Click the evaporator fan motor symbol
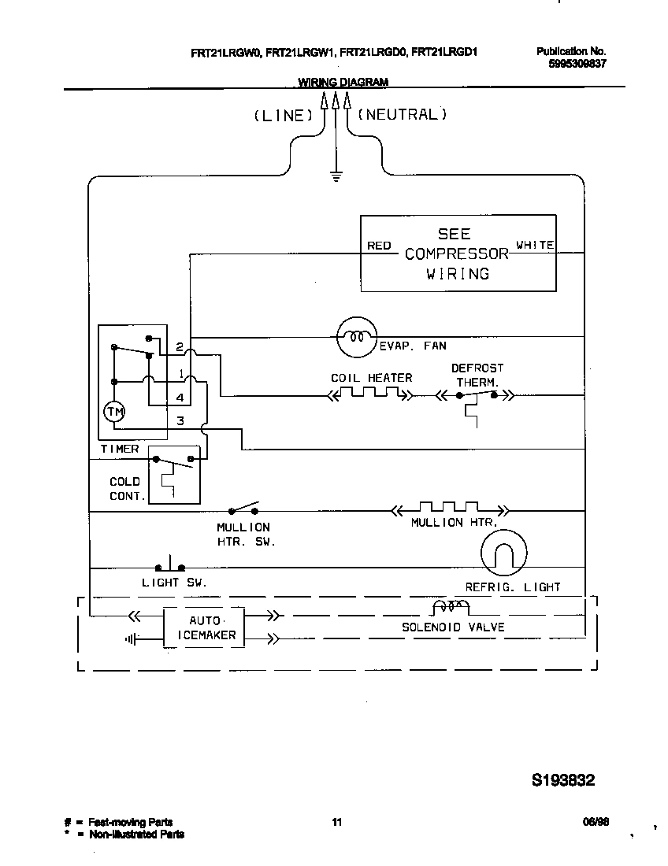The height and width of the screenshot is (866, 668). [x=356, y=337]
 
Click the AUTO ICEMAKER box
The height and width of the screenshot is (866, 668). [x=203, y=627]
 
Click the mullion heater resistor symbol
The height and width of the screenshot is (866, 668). [x=450, y=509]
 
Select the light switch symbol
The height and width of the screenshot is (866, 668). [x=169, y=565]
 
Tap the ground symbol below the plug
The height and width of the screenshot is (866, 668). [x=336, y=176]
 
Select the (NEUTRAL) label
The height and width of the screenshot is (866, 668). [x=403, y=114]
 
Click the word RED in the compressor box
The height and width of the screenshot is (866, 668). [x=379, y=246]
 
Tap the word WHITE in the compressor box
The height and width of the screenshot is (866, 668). [x=535, y=245]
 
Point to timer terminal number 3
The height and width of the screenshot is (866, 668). [x=180, y=421]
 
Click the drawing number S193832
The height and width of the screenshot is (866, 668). [x=563, y=781]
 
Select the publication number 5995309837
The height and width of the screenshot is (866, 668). [x=577, y=64]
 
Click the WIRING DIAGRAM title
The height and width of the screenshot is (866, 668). [x=343, y=82]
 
